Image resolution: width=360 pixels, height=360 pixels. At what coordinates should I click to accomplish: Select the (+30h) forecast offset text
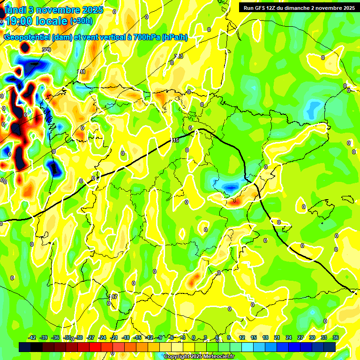point(81,21)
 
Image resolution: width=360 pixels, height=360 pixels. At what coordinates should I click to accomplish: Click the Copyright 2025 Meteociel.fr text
point(199,357)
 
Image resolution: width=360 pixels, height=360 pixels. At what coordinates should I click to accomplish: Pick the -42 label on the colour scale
point(32,337)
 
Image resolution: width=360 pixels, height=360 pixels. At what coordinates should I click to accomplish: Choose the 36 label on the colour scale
point(336,337)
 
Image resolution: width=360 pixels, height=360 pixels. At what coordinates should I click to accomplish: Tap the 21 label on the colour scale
point(277,337)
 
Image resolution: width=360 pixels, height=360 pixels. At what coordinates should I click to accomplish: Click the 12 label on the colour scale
point(242,337)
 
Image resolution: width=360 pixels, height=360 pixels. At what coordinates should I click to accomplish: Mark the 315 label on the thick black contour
point(175,140)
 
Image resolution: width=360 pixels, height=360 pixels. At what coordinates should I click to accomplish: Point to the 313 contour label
point(179,56)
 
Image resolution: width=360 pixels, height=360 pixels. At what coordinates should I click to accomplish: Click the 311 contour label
point(82,72)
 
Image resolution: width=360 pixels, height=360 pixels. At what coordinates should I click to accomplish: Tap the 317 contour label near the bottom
point(113,297)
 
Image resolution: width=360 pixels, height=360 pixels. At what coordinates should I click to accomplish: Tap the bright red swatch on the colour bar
point(95,347)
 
